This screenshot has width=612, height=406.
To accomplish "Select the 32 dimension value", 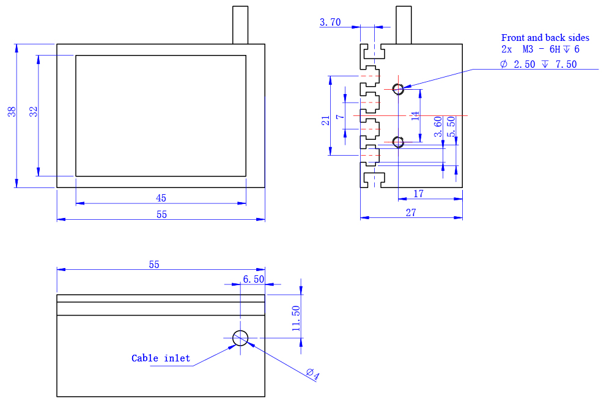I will [x=34, y=112].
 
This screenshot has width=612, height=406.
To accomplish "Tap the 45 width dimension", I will [x=161, y=198].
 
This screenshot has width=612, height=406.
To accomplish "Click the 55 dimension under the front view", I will [x=161, y=214].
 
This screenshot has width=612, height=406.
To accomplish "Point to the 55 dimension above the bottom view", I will [x=154, y=264].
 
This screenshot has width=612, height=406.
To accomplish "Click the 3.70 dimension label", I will [x=330, y=23].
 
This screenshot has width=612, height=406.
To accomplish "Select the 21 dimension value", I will [x=326, y=121].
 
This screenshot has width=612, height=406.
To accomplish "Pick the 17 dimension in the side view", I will [x=419, y=194].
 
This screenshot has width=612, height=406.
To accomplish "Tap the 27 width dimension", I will [x=411, y=212].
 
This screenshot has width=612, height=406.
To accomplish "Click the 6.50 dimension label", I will [x=253, y=279].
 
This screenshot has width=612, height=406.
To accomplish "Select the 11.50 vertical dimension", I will [x=296, y=319].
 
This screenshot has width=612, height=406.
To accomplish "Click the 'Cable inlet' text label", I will [x=161, y=358].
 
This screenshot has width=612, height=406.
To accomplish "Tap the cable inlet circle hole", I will [x=240, y=337].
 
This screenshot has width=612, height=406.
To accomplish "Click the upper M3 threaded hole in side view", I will [x=398, y=89].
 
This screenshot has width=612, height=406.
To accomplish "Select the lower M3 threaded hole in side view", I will [x=398, y=142].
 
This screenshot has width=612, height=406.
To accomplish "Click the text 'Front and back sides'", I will [x=545, y=38].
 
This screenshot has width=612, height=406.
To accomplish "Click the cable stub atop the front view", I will [x=240, y=25].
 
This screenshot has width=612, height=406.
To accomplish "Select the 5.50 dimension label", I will [x=452, y=126].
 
